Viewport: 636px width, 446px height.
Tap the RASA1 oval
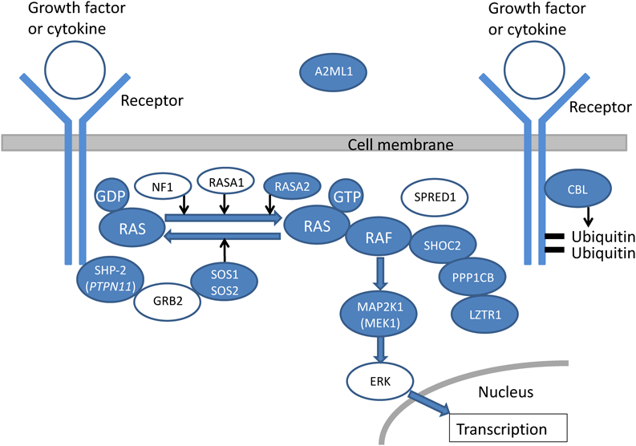click(x=225, y=181)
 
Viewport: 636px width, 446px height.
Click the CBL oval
click(x=577, y=191)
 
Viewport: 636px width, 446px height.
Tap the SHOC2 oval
click(x=444, y=246)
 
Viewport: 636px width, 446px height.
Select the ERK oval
click(x=379, y=381)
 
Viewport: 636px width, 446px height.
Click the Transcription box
click(x=512, y=428)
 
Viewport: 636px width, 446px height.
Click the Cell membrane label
click(x=400, y=144)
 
